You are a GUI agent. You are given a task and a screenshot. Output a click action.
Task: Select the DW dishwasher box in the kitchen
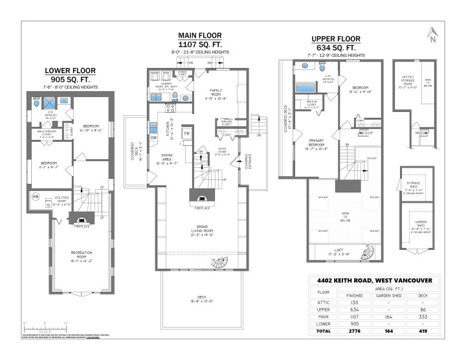[153, 137]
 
